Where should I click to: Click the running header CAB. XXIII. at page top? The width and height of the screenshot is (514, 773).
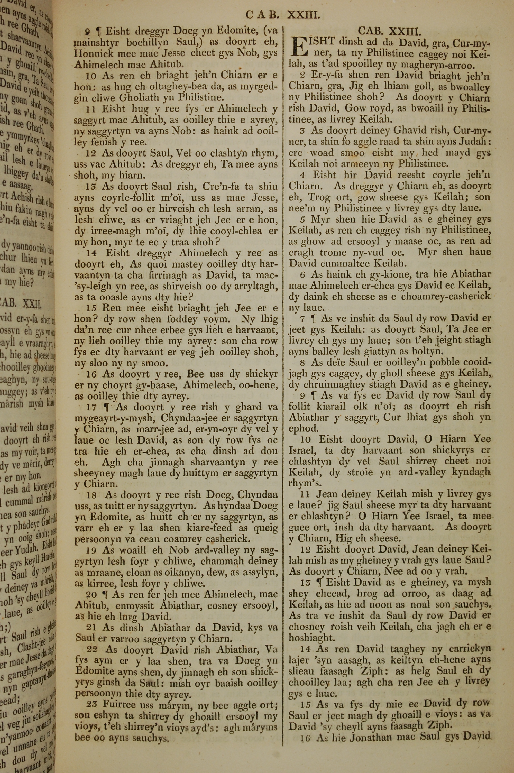point(282,15)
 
